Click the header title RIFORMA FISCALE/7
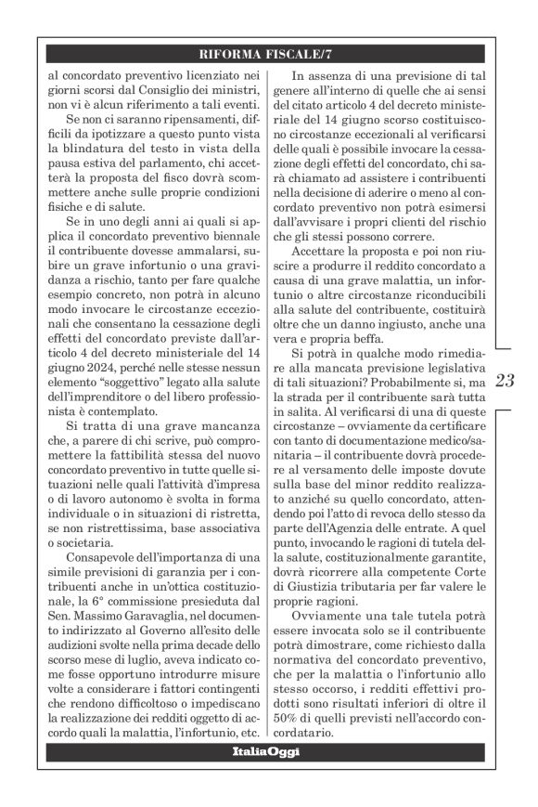pos(269,52)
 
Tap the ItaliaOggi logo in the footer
pos(269,750)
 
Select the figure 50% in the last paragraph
pos(304,715)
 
